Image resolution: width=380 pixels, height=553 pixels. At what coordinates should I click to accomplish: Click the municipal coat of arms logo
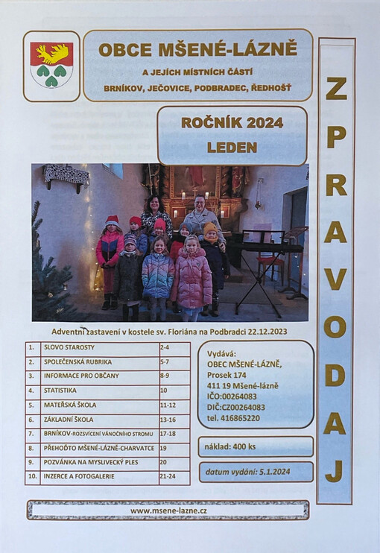click(x=51, y=66)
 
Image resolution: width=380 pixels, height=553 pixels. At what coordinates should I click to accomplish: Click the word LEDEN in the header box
click(x=232, y=147)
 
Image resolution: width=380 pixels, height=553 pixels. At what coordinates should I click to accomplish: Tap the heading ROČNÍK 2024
click(x=232, y=123)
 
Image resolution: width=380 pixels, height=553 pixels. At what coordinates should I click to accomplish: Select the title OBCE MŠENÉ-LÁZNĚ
click(x=197, y=50)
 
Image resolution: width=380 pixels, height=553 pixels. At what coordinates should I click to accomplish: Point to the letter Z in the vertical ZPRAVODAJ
click(x=335, y=88)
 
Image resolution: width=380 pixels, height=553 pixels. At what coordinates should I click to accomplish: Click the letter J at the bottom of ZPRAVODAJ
click(x=335, y=470)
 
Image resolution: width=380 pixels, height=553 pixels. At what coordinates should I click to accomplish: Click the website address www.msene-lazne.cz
click(x=168, y=511)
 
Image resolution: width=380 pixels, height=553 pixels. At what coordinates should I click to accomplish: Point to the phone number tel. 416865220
click(x=234, y=418)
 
